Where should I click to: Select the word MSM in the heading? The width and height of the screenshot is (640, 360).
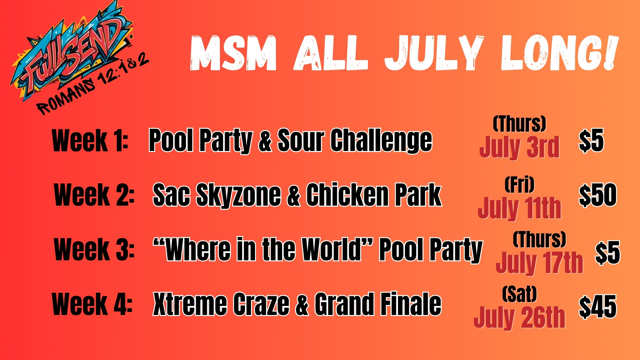[233, 53]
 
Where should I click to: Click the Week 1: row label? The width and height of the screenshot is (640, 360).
[90, 140]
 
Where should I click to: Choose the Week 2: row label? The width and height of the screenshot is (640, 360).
[94, 195]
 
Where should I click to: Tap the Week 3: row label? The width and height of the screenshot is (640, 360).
[94, 249]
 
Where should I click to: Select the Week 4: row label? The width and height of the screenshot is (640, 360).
[92, 304]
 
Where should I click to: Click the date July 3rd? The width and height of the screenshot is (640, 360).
[519, 147]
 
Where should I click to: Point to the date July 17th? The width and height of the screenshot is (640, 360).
[540, 263]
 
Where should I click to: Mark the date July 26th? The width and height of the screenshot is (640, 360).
[519, 317]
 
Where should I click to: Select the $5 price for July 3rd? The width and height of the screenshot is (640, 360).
[591, 141]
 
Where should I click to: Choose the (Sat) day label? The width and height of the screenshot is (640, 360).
[519, 294]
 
